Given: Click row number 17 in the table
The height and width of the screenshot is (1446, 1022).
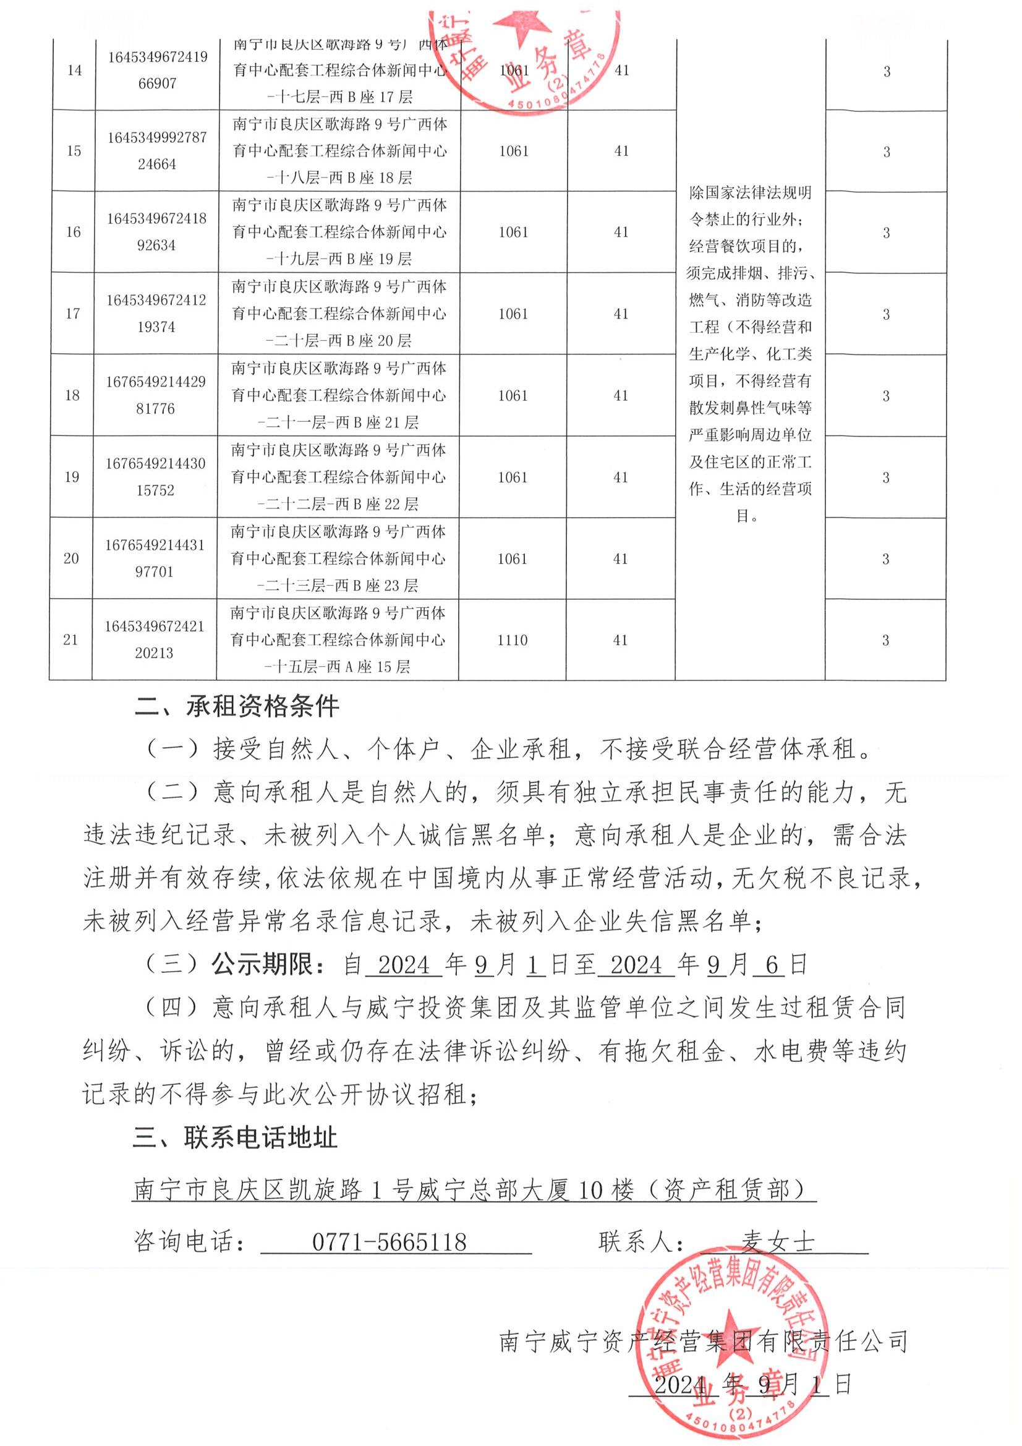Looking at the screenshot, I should tap(73, 314).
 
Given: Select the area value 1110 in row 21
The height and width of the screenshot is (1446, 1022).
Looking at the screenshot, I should tap(512, 640).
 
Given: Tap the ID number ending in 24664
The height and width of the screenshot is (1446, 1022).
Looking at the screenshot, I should tap(157, 151).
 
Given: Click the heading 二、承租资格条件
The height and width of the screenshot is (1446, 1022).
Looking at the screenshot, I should tap(237, 707).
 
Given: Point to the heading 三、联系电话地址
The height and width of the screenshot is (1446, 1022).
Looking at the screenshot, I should tap(236, 1137).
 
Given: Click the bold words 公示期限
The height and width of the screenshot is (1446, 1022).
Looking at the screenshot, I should tap(262, 964).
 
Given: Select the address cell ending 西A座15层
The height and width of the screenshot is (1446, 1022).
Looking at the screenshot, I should tap(338, 640).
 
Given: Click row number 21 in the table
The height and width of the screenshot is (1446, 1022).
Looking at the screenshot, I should tap(70, 640).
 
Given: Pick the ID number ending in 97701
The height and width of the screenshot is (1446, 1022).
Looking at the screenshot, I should tap(155, 558).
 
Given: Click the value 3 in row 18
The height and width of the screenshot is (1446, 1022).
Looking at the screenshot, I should tap(885, 395).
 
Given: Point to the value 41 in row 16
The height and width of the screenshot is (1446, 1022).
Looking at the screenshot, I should tap(621, 233).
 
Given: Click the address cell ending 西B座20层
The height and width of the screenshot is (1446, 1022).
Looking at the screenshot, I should tap(339, 314).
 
